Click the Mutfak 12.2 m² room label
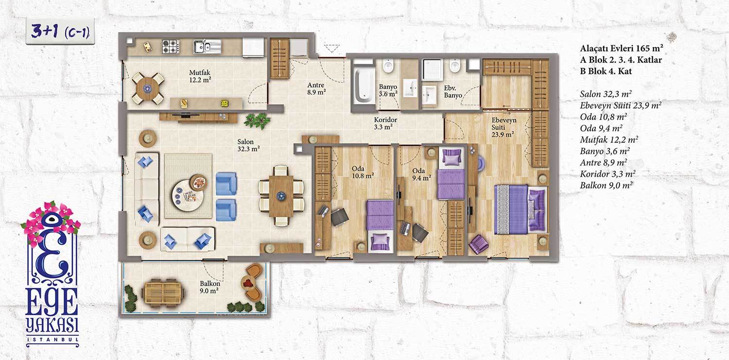200,76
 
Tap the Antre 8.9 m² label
316,88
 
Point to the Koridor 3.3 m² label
385,123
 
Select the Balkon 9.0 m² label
210,287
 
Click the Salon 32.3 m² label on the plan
248,145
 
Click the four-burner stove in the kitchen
171,47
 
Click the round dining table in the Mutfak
147,88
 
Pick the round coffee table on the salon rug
188,196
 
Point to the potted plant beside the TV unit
258,120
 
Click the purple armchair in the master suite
479,244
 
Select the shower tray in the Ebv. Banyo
433,69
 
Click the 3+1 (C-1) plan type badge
60,32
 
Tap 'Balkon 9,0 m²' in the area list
607,186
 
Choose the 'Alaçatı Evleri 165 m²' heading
622,48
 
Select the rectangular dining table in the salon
281,196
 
